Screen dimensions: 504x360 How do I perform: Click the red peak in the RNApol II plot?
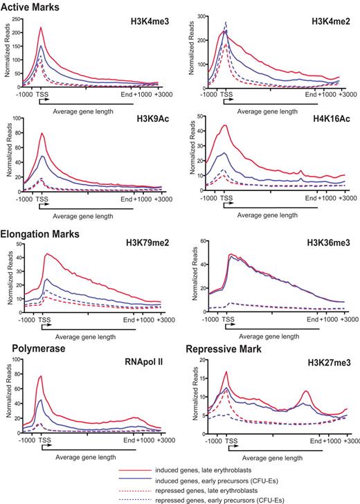tap(42, 376)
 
